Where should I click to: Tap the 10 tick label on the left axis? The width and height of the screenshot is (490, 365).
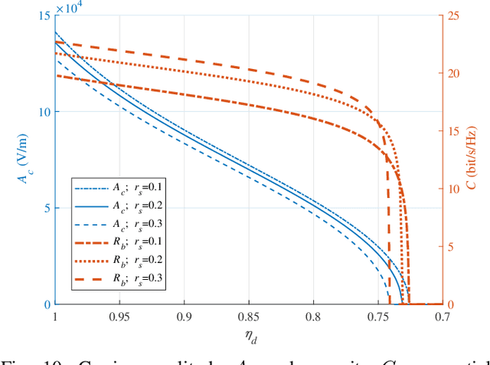[x=42, y=112]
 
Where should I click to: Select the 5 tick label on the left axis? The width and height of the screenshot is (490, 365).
[x=46, y=208]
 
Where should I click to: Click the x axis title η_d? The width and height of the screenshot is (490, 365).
[x=248, y=336]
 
